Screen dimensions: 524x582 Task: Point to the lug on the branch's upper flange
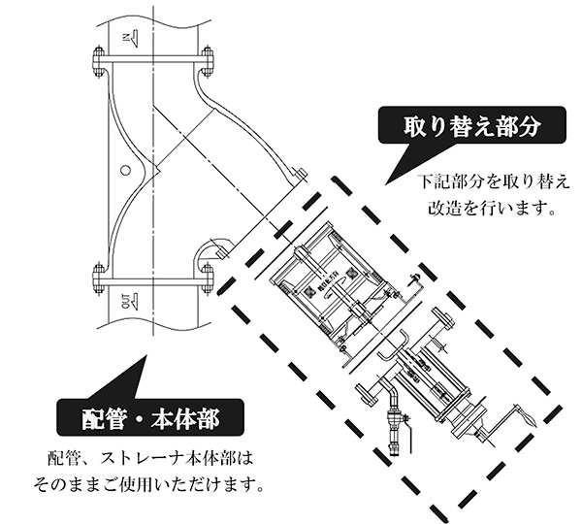[x=300, y=176]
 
